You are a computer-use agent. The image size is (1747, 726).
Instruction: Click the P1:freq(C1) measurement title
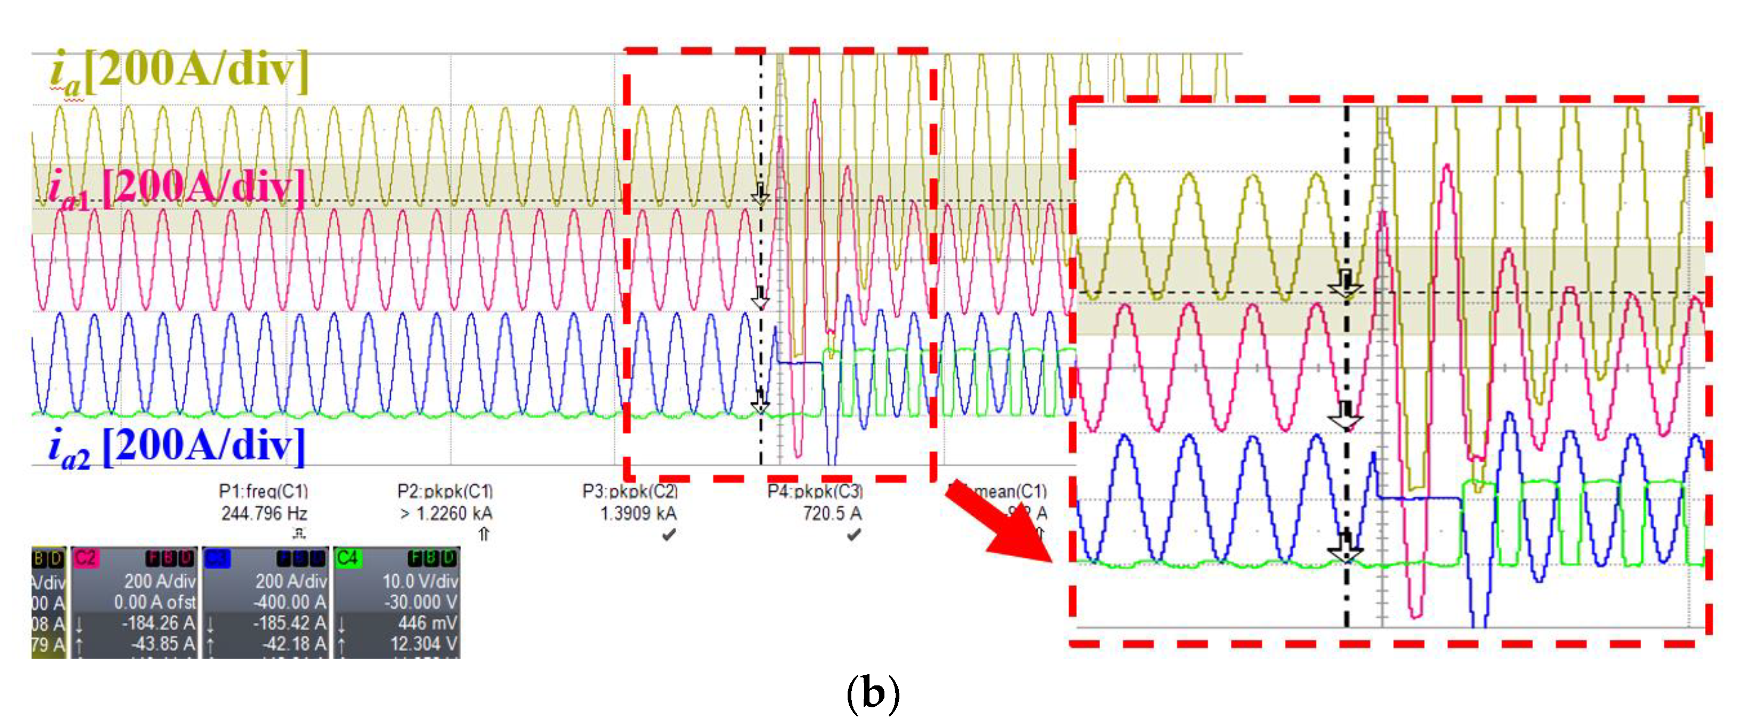tap(263, 490)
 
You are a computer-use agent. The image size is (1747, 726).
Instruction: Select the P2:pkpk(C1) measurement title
tap(445, 490)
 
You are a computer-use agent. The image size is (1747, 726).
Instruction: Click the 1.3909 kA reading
tap(637, 513)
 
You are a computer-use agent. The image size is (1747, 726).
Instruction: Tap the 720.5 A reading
tap(832, 513)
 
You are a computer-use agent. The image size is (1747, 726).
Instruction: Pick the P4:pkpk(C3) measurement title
tap(815, 490)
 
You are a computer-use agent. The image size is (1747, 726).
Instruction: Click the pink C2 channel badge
tap(85, 558)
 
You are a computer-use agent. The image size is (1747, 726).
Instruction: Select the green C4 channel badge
tap(347, 558)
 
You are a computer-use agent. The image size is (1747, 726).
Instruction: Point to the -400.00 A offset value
tap(290, 602)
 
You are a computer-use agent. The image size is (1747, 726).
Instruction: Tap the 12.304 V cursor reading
tap(423, 643)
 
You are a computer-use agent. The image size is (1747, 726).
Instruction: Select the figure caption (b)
tap(873, 693)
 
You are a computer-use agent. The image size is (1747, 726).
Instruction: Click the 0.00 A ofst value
tap(155, 602)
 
